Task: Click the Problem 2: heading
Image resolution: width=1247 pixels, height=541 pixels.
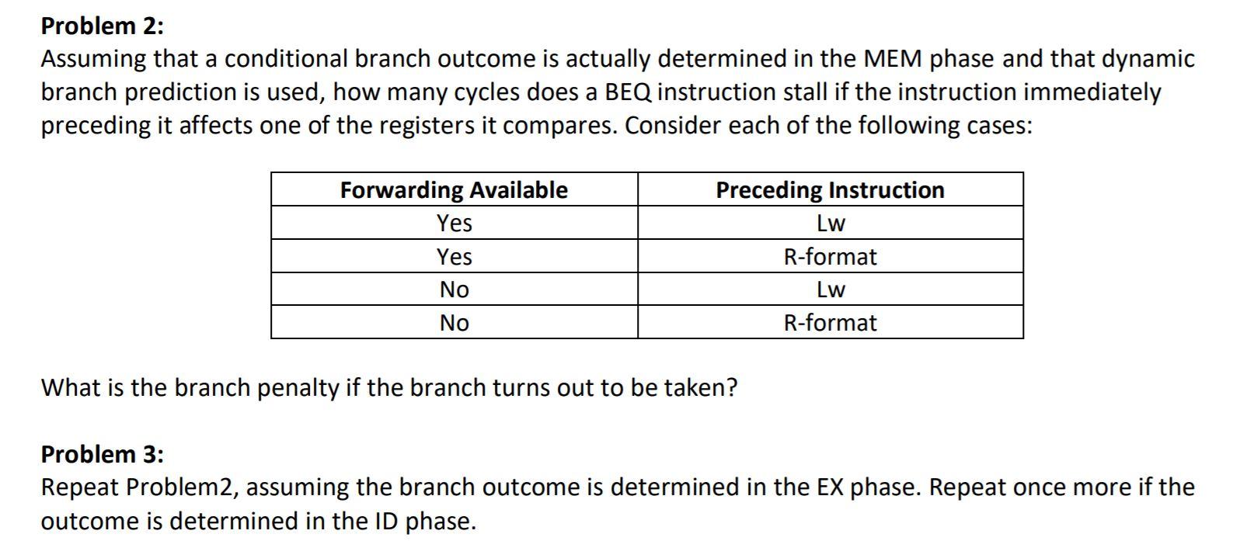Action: pyautogui.click(x=103, y=26)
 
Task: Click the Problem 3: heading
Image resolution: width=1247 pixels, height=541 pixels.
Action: pyautogui.click(x=103, y=454)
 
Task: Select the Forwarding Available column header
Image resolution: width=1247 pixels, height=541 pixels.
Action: pyautogui.click(x=455, y=190)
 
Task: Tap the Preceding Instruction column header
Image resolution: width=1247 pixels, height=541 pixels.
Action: pyautogui.click(x=830, y=190)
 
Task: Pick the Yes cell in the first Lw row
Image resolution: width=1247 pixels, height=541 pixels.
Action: pyautogui.click(x=455, y=223)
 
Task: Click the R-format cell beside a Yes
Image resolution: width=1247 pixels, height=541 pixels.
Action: pyautogui.click(x=830, y=257)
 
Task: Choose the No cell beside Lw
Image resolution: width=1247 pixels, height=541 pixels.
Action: pyautogui.click(x=455, y=290)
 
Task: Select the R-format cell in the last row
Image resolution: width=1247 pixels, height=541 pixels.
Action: pyautogui.click(x=830, y=322)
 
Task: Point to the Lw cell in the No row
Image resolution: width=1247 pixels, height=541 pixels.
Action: pyautogui.click(x=831, y=290)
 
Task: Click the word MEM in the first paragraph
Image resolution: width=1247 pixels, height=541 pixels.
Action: pyautogui.click(x=893, y=59)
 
